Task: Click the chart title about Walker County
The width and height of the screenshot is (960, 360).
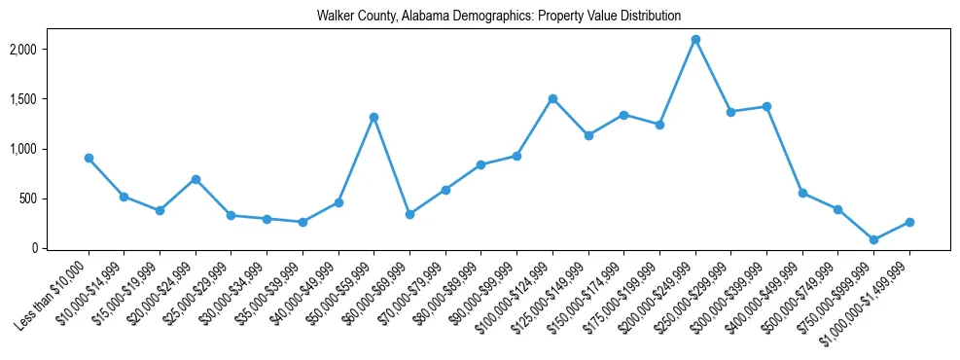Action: pyautogui.click(x=498, y=17)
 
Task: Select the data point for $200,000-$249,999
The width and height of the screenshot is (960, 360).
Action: pyautogui.click(x=695, y=40)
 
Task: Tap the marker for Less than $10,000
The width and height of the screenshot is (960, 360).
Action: pyautogui.click(x=89, y=158)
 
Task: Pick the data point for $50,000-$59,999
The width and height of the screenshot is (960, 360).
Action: pyautogui.click(x=373, y=117)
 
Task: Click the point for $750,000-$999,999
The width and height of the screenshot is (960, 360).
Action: pyautogui.click(x=873, y=239)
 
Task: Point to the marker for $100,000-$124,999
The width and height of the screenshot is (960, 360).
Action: pyautogui.click(x=552, y=98)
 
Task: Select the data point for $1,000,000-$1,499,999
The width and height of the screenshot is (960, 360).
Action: pyautogui.click(x=909, y=222)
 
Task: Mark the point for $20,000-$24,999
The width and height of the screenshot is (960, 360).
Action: pyautogui.click(x=196, y=179)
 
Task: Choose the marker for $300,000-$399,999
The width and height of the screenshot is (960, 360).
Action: pyautogui.click(x=766, y=106)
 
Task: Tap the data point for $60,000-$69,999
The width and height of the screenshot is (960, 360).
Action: pyautogui.click(x=409, y=214)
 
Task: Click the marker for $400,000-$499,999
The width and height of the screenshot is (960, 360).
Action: pyautogui.click(x=802, y=193)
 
